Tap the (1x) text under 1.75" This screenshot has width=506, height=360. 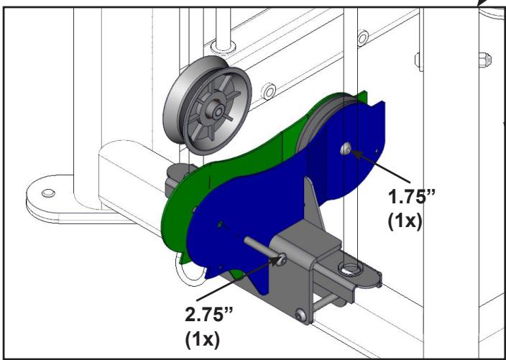tap(405, 221)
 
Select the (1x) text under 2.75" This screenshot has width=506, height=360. tap(203, 339)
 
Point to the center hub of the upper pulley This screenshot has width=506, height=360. tap(218, 111)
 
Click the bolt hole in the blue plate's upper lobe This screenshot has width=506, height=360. tap(346, 148)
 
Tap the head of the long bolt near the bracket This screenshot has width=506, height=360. tap(281, 259)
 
